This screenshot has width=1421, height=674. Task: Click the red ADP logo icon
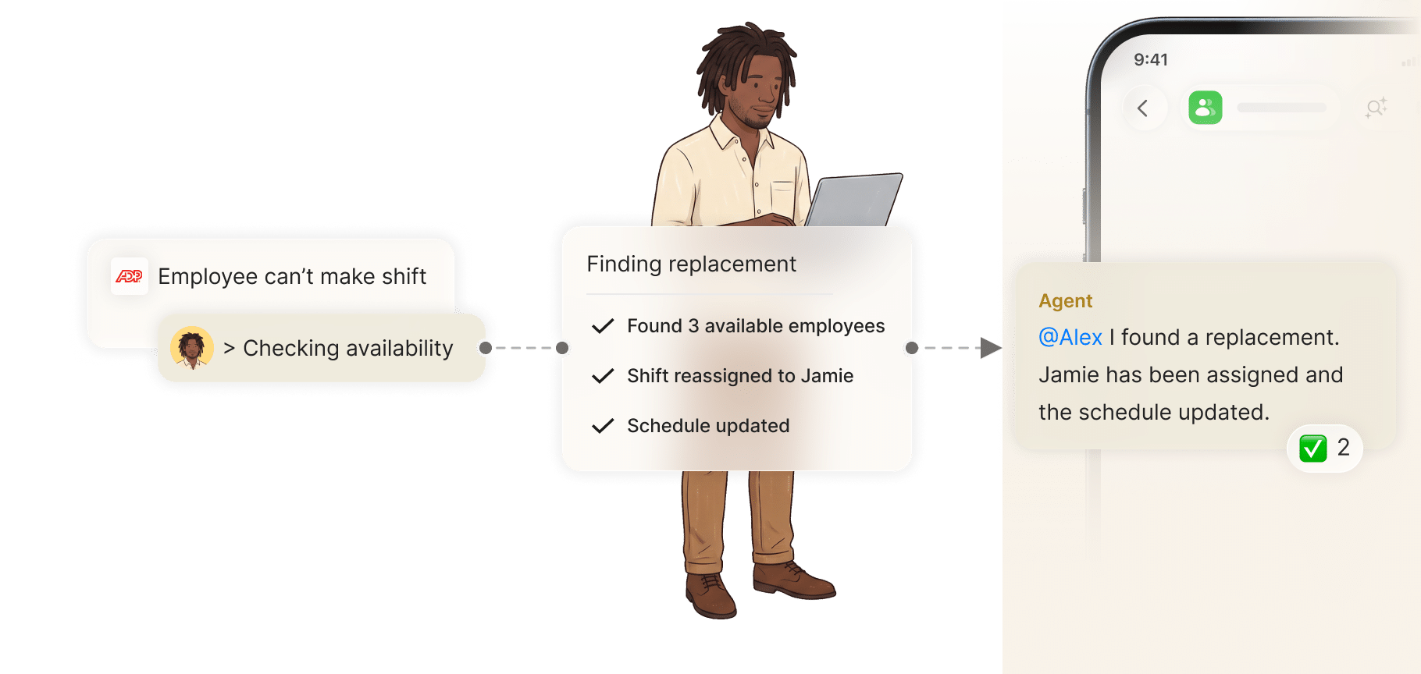[129, 276]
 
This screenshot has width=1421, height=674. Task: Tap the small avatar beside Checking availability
[192, 348]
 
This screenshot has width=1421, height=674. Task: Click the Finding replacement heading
[691, 264]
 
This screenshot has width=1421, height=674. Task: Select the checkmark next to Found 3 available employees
[603, 326]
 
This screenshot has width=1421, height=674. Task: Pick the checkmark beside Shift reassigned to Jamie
[603, 376]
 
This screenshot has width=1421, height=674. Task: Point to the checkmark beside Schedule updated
[603, 426]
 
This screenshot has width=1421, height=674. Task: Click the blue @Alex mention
[1070, 337]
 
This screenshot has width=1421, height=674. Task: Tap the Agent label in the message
[1066, 301]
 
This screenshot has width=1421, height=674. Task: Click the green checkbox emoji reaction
[1313, 449]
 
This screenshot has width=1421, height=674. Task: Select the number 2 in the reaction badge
[1344, 448]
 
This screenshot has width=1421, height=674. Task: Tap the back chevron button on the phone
[1143, 108]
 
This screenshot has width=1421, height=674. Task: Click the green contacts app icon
[1206, 108]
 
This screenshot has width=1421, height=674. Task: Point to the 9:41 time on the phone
[1151, 60]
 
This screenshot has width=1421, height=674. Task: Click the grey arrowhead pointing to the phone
[991, 348]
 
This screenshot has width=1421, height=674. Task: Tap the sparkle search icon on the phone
[1376, 108]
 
